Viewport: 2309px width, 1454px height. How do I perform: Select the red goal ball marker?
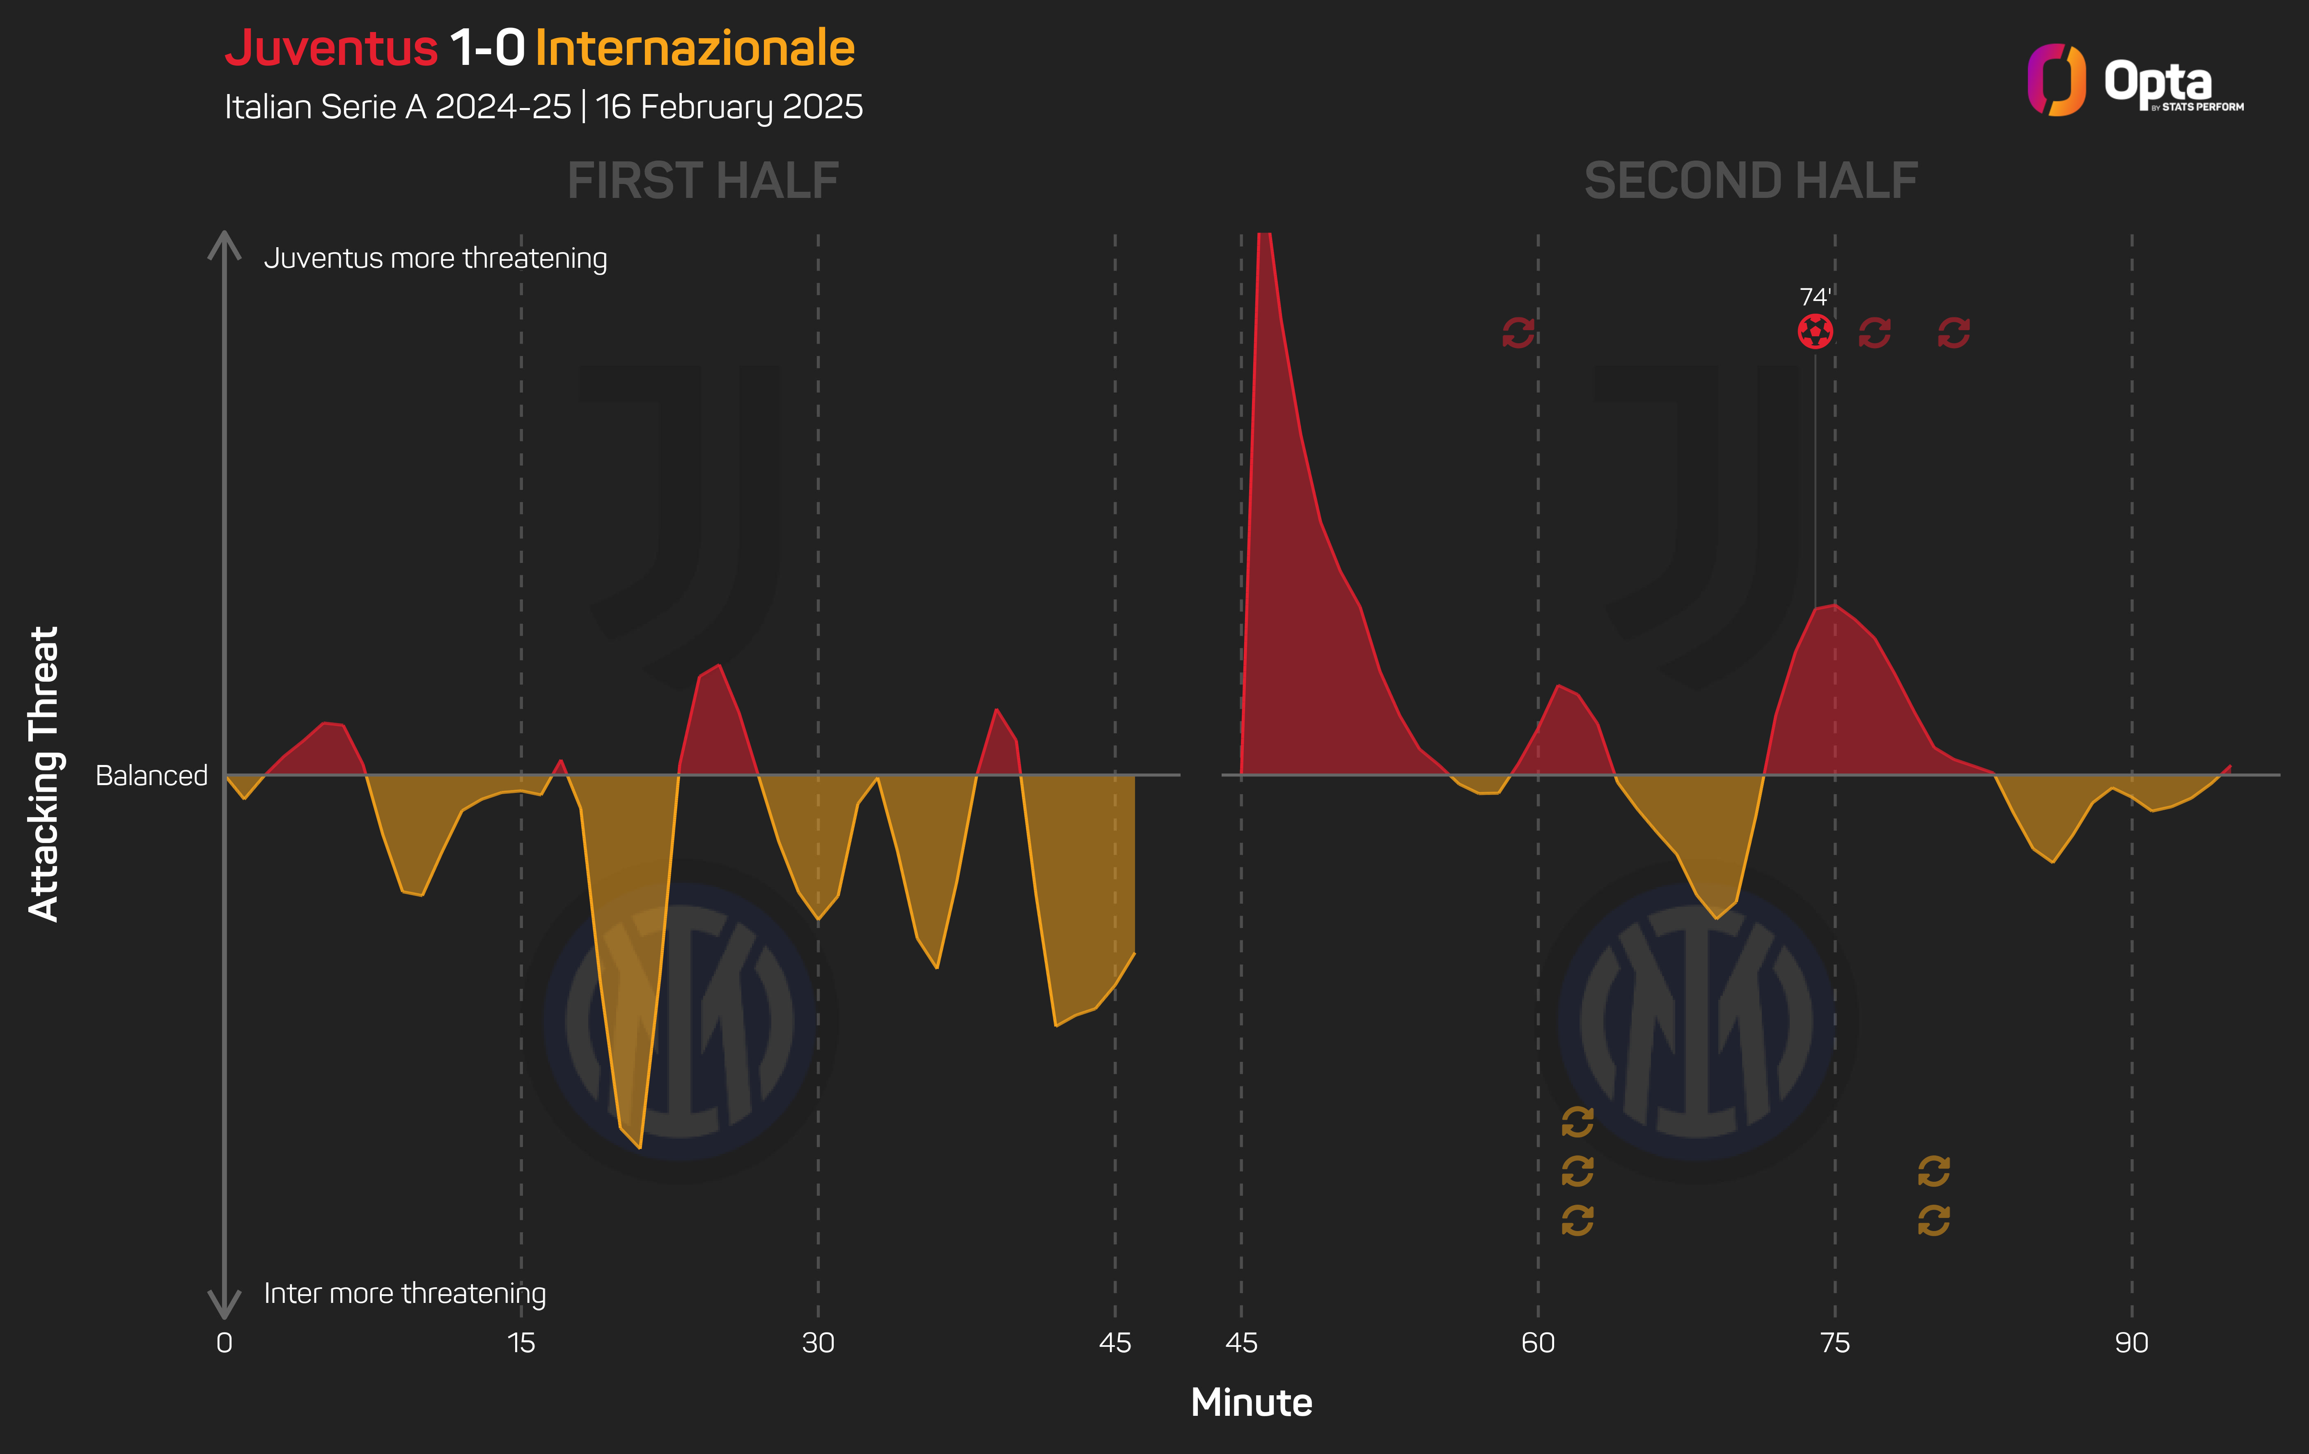click(x=1814, y=332)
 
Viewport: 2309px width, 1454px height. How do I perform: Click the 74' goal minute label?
click(x=1814, y=297)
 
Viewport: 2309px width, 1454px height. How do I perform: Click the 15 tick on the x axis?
click(x=520, y=1343)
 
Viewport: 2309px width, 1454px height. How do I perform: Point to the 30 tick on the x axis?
click(x=818, y=1343)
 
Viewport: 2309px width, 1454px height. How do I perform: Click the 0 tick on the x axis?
click(x=225, y=1343)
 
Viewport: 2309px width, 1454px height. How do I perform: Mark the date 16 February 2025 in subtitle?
click(x=729, y=106)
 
